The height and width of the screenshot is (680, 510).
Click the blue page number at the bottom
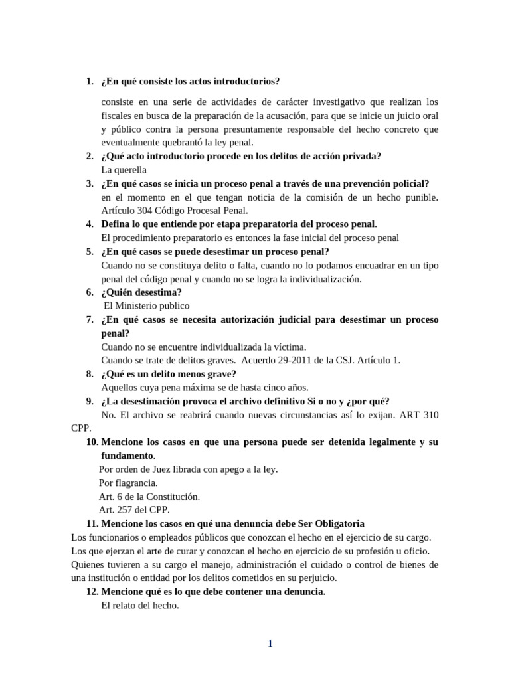[x=270, y=643]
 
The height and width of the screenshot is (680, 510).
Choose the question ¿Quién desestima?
[x=141, y=292]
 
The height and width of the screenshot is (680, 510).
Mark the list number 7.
[x=90, y=320]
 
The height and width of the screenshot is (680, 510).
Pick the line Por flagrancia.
[x=128, y=483]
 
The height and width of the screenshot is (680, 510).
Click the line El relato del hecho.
[x=140, y=606]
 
